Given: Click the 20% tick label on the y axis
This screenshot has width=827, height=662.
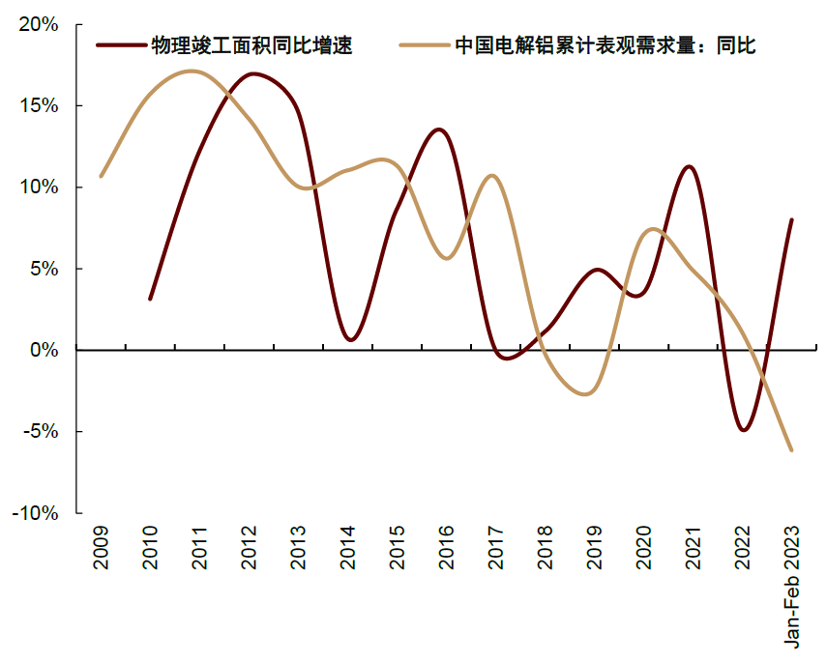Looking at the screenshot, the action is click(39, 25).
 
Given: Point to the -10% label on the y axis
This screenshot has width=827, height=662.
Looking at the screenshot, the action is click(35, 513).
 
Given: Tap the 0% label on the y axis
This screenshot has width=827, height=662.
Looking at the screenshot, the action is click(44, 350).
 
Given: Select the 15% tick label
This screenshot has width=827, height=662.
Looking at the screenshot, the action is click(39, 106).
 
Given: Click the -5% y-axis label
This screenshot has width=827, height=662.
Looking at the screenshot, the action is click(40, 432).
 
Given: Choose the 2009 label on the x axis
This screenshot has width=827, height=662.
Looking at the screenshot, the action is click(101, 547).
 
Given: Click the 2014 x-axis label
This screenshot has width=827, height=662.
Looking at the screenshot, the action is click(347, 547).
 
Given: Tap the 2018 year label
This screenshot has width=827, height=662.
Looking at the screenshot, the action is click(545, 547).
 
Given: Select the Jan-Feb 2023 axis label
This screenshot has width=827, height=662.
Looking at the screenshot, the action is click(791, 587).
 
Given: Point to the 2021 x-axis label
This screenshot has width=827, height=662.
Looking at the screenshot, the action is click(693, 547).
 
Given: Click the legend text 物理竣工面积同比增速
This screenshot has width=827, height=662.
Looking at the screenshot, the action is click(251, 45).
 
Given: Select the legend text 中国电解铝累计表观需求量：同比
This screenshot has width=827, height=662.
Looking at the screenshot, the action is click(605, 45).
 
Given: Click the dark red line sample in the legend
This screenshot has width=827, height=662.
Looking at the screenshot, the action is click(121, 45).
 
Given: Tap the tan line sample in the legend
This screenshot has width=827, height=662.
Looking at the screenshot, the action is click(425, 45).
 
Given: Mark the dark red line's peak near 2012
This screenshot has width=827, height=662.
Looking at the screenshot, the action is click(252, 73).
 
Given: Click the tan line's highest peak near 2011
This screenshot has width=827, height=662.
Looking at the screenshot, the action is click(191, 71).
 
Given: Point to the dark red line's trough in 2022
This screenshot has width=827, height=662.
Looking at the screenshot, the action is click(743, 430).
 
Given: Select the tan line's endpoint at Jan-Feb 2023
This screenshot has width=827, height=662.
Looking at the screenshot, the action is click(791, 450).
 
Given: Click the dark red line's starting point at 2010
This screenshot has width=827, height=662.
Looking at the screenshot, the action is click(150, 299).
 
